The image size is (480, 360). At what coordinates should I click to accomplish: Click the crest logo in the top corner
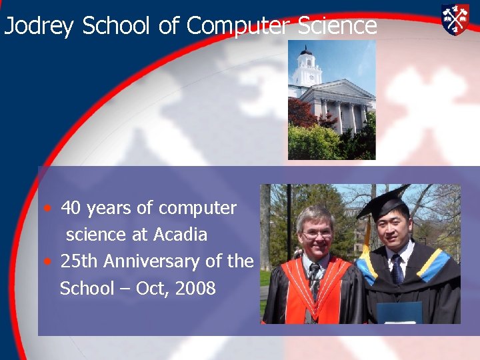pyautogui.click(x=455, y=19)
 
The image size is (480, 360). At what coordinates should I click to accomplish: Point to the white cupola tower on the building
pyautogui.click(x=307, y=67)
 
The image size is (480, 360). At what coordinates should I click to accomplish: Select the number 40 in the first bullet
pyautogui.click(x=71, y=209)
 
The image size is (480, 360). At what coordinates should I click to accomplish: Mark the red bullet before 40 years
pyautogui.click(x=49, y=208)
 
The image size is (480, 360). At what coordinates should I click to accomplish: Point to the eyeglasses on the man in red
pyautogui.click(x=317, y=234)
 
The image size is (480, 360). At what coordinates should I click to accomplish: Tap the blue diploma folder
pyautogui.click(x=399, y=313)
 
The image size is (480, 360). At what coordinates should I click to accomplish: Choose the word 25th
pyautogui.click(x=77, y=262)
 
